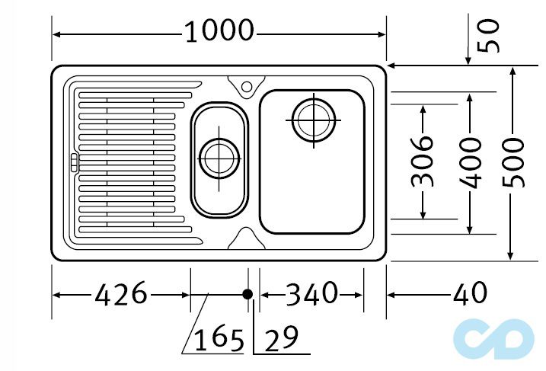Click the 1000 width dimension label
click(219, 32)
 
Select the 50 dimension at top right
click(490, 35)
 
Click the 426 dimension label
click(120, 293)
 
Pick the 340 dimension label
click(311, 293)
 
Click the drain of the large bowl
click(312, 120)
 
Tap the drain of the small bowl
click(219, 158)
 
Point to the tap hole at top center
click(248, 86)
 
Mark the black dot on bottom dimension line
click(247, 294)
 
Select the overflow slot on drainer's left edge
click(73, 162)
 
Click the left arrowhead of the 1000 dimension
click(57, 34)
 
